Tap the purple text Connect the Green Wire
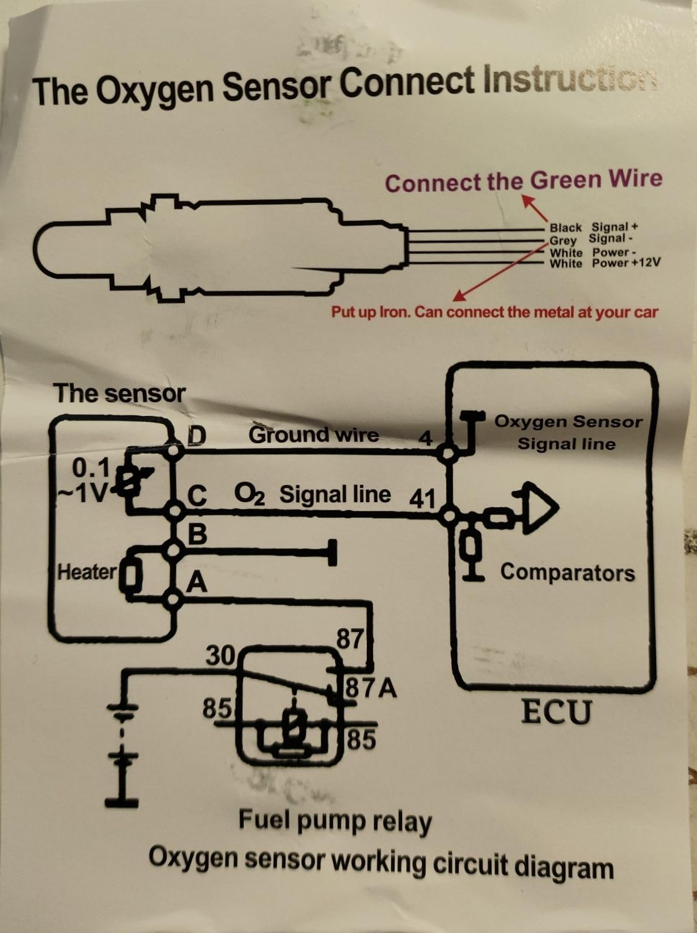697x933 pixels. point(524,181)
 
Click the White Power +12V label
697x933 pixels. point(605,263)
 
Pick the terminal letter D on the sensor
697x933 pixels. point(197,435)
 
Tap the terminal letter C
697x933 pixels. point(197,496)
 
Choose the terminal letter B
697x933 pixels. point(197,534)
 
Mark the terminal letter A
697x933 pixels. point(197,582)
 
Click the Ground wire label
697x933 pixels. point(313,435)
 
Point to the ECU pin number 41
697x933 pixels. point(422,498)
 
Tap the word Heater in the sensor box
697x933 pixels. point(87,572)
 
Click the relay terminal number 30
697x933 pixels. point(220,656)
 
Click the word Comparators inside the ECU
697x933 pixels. point(567,572)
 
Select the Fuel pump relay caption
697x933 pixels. point(335,821)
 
